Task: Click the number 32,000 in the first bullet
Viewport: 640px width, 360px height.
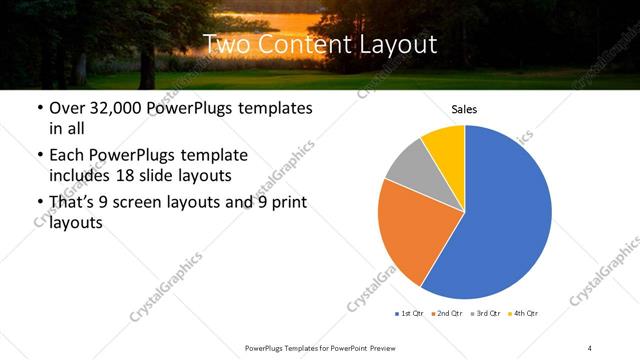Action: (x=113, y=108)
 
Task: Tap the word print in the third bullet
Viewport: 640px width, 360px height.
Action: (x=286, y=203)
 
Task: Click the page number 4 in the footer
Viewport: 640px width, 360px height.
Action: (x=590, y=347)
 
